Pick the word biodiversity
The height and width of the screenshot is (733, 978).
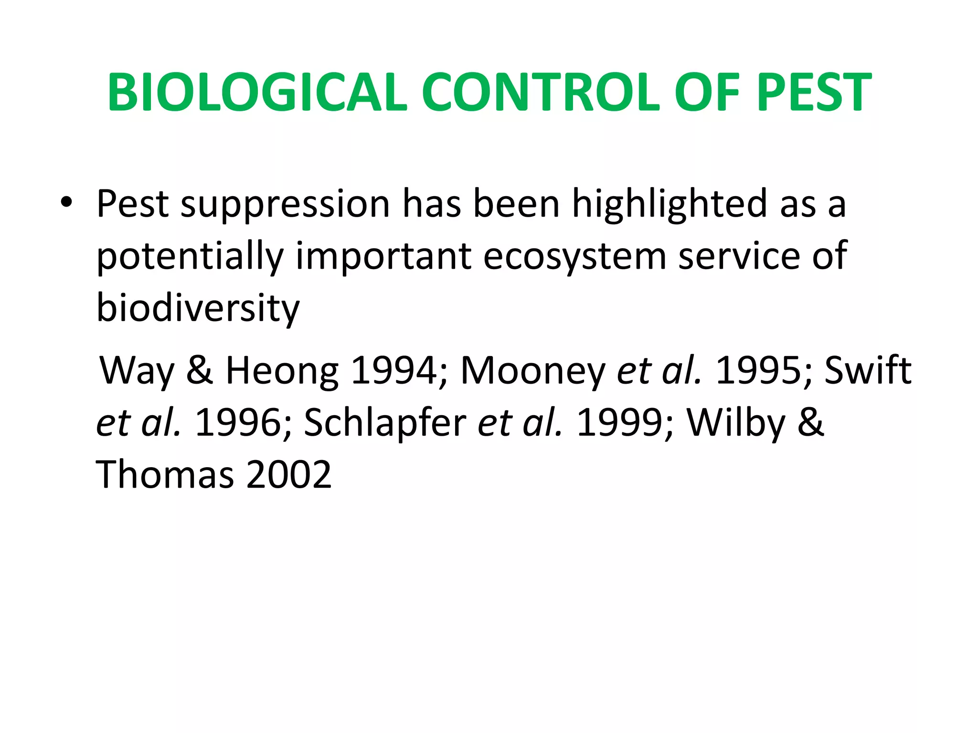[198, 309]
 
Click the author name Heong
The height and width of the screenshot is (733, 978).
[282, 371]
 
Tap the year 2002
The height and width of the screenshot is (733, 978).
[288, 474]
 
